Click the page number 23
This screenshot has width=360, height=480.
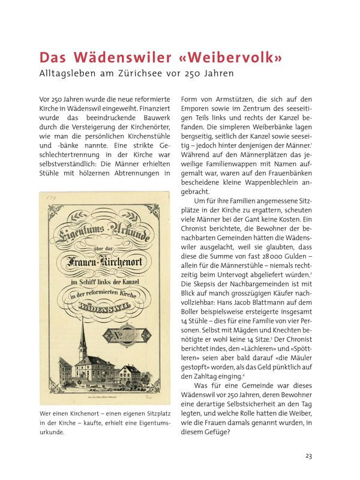pos(308,456)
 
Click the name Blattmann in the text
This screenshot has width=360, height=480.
pos(265,295)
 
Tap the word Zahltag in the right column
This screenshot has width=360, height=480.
pos(206,376)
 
